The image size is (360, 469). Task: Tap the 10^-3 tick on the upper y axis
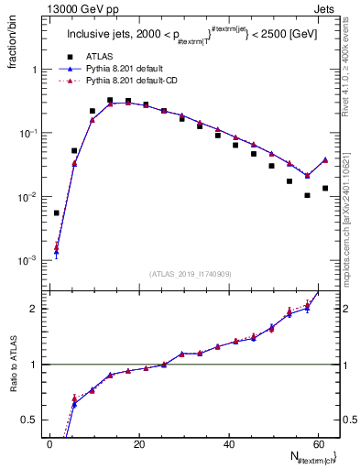[x=27, y=260]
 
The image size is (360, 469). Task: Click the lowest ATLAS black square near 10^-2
[x=307, y=195]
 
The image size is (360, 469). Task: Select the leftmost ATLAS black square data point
[x=57, y=213]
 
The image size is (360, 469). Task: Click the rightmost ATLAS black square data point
[x=325, y=188]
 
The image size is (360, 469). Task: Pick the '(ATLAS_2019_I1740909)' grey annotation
[x=191, y=274]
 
